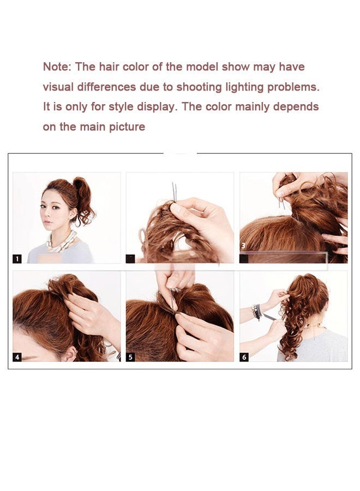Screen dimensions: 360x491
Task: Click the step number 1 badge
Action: [17, 259]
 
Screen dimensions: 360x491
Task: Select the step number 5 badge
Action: [130, 357]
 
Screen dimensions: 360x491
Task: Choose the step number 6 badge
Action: [244, 357]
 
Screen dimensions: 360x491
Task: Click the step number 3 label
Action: [243, 246]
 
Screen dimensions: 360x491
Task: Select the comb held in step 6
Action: [273, 319]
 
